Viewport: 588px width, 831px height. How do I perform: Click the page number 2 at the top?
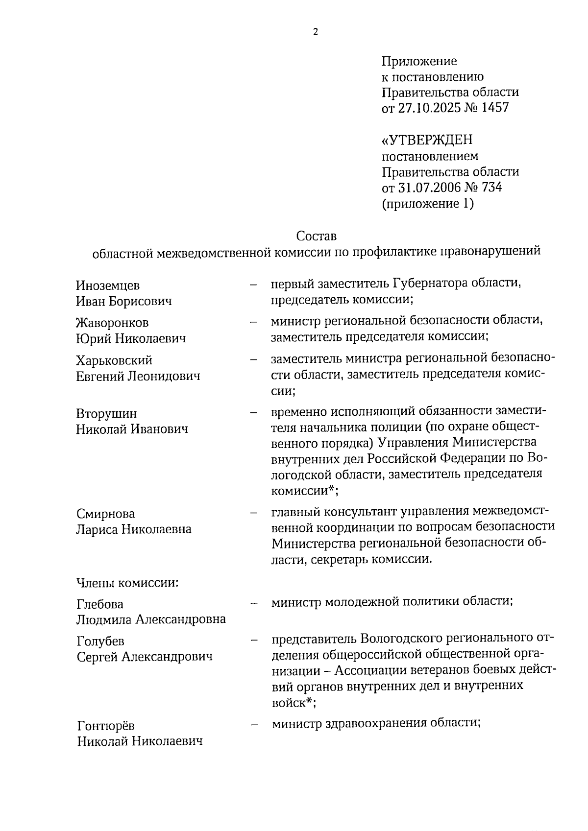pos(315,32)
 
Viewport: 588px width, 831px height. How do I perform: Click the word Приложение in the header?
pos(419,61)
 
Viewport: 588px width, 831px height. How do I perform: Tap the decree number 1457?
pos(495,108)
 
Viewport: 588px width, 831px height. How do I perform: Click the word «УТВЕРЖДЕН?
pos(427,141)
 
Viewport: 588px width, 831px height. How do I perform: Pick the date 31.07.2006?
pos(429,187)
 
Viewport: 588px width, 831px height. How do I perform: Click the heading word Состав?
pos(317,236)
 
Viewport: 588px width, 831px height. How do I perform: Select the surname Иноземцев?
pos(108,285)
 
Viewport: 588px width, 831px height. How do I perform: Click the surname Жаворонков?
pos(112,323)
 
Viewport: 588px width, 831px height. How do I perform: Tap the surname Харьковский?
pos(114,360)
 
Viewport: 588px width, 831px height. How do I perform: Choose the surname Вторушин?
pos(106,413)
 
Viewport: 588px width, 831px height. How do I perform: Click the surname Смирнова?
pos(105,514)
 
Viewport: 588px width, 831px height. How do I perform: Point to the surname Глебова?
pos(100,604)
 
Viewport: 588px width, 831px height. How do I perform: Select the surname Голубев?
pos(100,641)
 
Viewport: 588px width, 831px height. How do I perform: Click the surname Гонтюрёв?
pos(106,726)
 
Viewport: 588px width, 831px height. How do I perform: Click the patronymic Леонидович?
pos(164,376)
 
